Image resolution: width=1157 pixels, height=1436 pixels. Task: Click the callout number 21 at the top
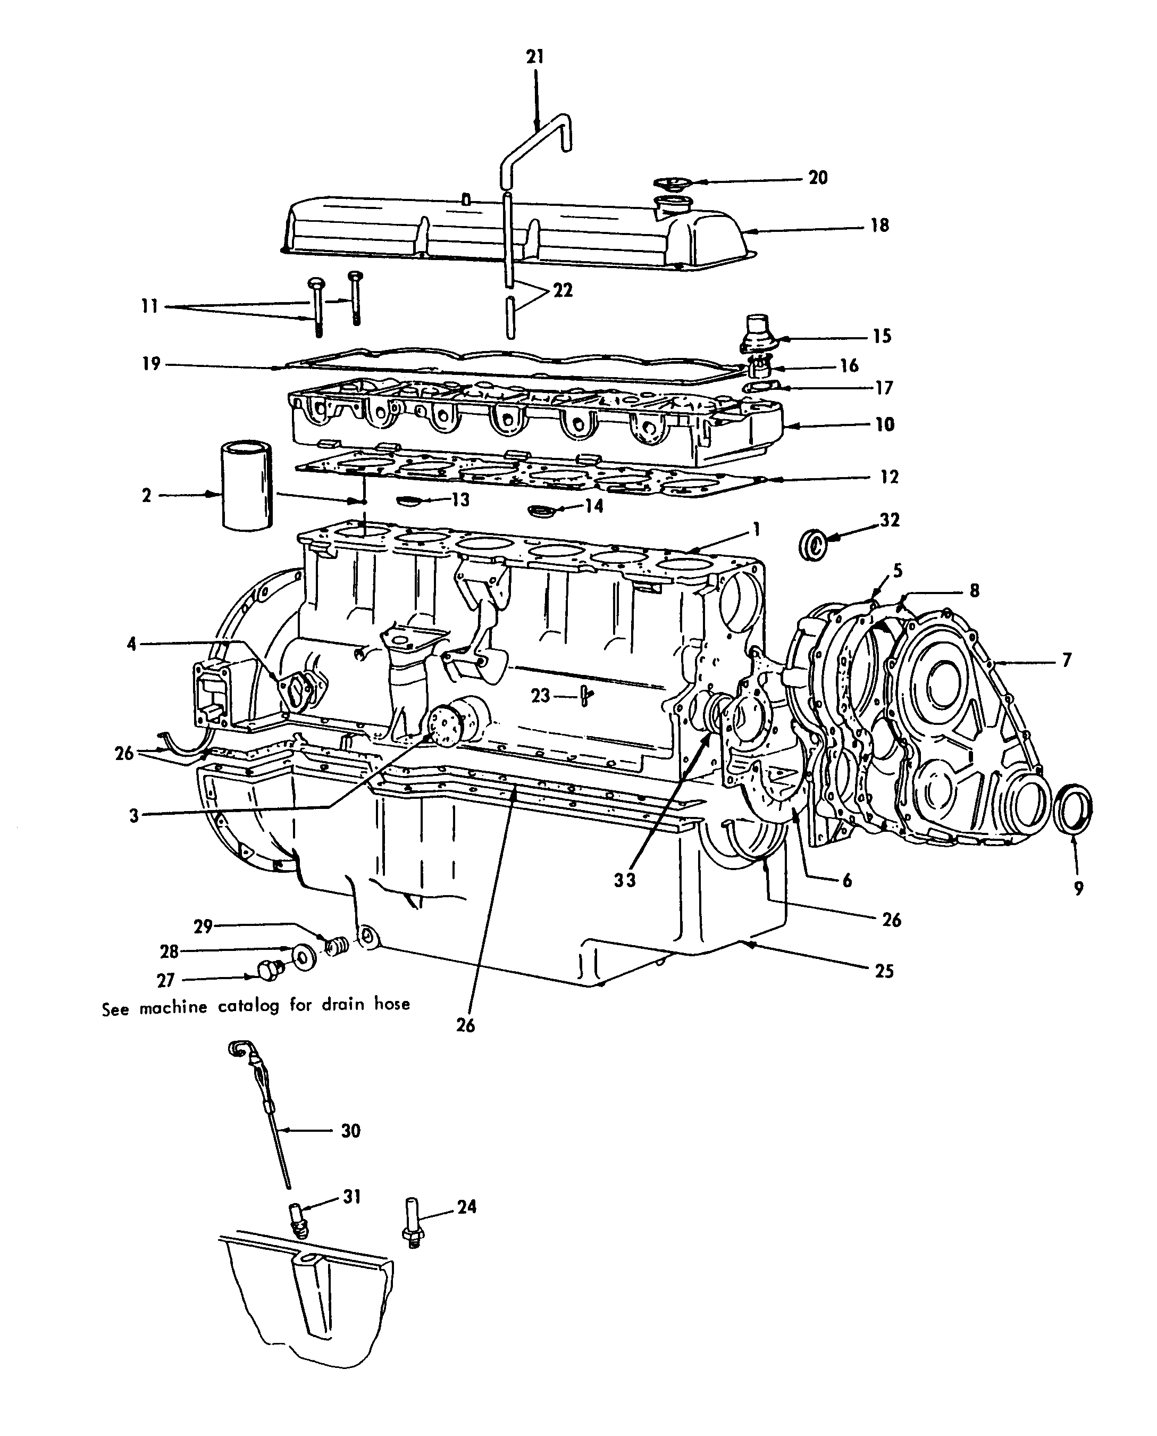coord(535,57)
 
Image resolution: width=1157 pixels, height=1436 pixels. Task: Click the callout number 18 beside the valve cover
coord(880,226)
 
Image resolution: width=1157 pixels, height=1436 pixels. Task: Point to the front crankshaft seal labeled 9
coord(1073,808)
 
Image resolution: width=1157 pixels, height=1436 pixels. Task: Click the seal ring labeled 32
coord(813,545)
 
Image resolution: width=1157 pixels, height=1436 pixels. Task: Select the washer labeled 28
coord(305,958)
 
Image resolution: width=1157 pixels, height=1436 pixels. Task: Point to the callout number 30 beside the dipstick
coord(350,1131)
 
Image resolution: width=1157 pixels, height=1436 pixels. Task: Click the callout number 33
coord(625,880)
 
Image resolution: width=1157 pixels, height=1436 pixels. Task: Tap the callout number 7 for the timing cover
coord(1067,660)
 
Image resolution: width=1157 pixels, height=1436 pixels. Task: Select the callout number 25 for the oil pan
coord(884,971)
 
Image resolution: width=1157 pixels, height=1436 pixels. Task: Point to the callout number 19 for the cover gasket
coord(152,363)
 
